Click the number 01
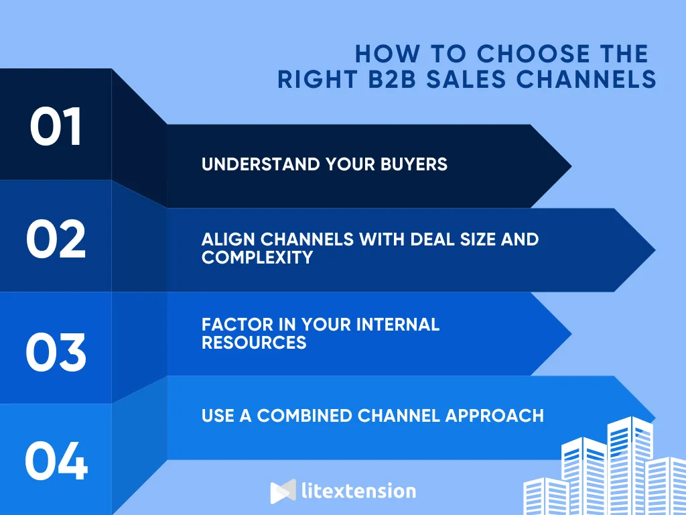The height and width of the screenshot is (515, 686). click(56, 127)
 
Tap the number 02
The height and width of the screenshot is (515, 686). click(56, 239)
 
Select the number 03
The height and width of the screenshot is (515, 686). click(56, 352)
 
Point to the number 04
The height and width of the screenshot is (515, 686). click(56, 461)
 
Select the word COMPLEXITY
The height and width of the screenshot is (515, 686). click(257, 257)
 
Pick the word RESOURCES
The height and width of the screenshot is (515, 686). click(254, 342)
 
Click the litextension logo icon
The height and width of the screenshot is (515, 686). click(283, 491)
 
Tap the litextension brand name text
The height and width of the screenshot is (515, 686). click(358, 491)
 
